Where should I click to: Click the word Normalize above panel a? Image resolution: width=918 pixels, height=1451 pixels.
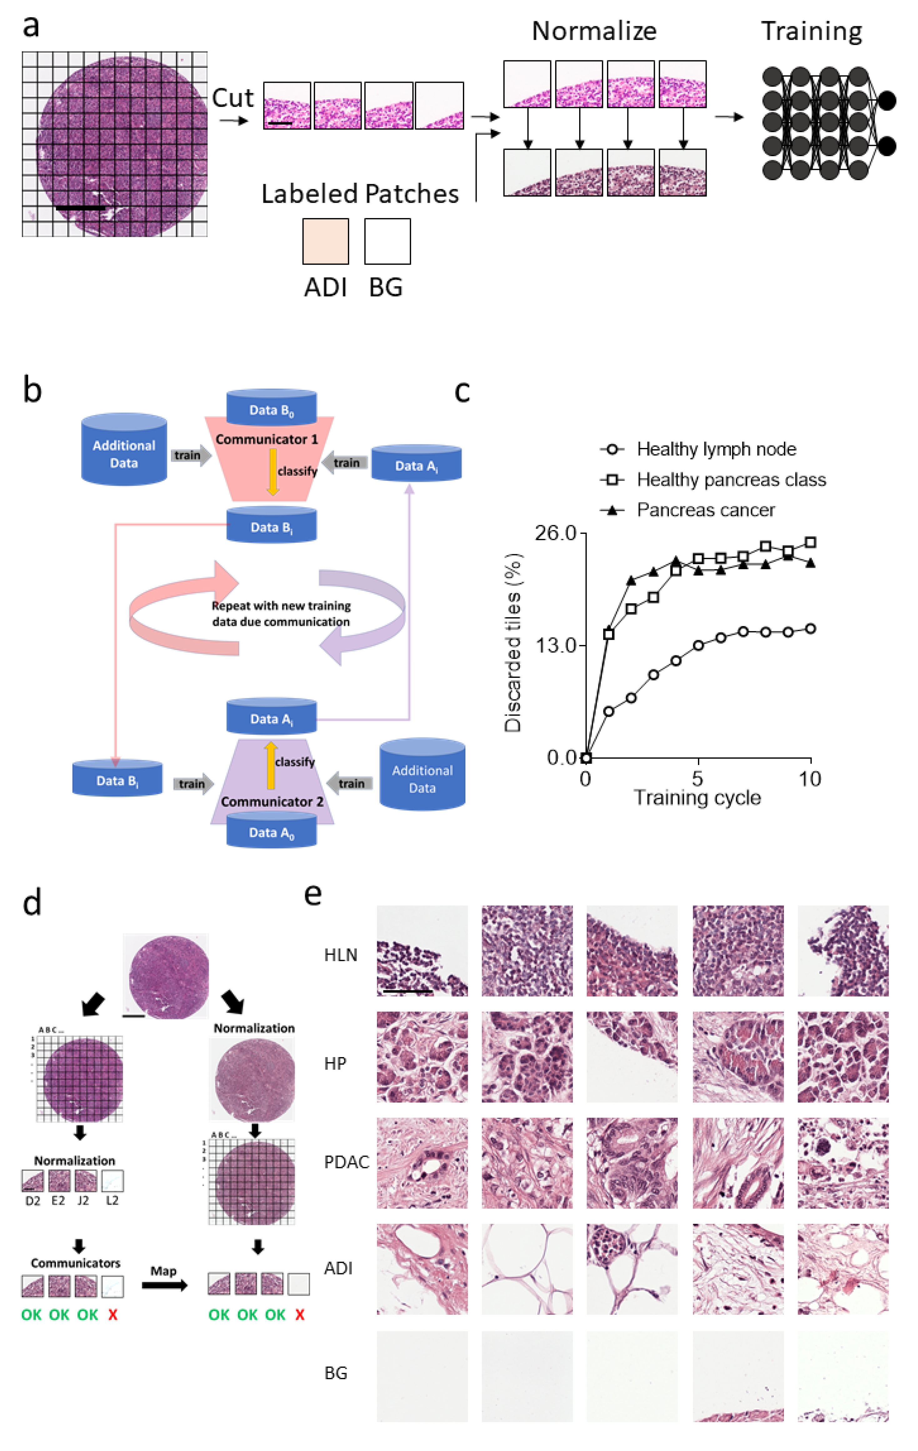coord(594,31)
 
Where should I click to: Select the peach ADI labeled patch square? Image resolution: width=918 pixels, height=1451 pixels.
coord(325,241)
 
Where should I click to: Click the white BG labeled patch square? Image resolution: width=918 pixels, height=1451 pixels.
coord(388,241)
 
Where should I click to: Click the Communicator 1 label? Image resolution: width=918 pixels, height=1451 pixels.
coord(266,439)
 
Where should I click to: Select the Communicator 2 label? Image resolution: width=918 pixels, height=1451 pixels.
coord(272,802)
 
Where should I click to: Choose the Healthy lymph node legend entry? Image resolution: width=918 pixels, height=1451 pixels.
coord(716,449)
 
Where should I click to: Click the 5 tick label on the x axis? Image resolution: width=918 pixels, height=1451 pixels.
coord(697,779)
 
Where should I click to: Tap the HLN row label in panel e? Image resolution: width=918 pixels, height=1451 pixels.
coord(341,955)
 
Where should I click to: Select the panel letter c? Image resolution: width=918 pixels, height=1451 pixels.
coord(462,391)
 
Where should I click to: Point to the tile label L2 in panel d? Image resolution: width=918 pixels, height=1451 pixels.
coord(112,1201)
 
